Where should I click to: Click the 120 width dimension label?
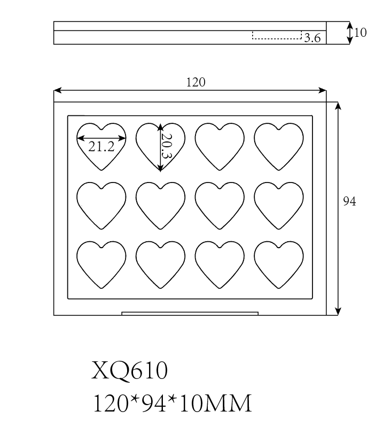[195, 82]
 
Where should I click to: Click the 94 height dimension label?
[349, 201]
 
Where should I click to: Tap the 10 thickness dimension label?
[361, 33]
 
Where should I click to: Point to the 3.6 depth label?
[312, 38]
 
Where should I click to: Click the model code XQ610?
[130, 370]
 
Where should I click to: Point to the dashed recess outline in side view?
[277, 36]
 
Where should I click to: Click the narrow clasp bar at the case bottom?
[190, 313]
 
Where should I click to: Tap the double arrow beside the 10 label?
[350, 33]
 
